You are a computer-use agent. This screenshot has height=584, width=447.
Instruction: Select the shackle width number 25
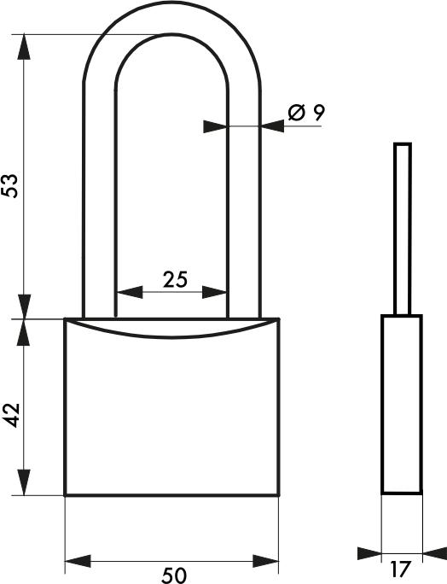point(174,278)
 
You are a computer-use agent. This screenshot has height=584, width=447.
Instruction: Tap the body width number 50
point(173,575)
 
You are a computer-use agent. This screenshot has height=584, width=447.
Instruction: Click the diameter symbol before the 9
point(296,112)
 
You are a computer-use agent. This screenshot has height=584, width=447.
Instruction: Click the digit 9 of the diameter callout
point(318,112)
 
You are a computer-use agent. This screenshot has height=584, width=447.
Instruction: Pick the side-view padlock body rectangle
point(401,405)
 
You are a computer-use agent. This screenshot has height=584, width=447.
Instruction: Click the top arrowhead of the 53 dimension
point(25,47)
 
